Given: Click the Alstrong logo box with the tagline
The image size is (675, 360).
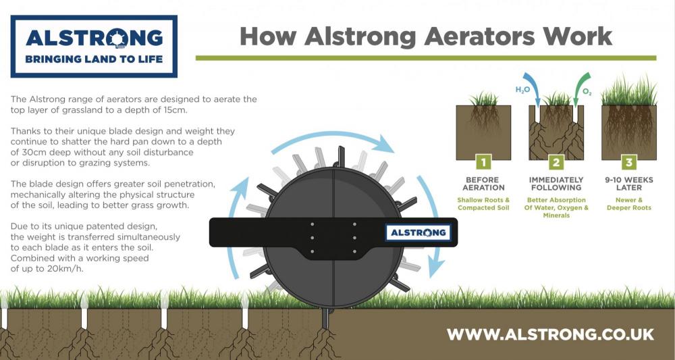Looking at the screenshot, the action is point(94,47).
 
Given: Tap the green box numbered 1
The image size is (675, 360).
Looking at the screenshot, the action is point(483,162).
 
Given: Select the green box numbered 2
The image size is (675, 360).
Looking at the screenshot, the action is point(556,162).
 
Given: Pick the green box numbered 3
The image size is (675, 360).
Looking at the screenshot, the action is point(629,162).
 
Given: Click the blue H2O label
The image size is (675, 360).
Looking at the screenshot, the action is point(522,90).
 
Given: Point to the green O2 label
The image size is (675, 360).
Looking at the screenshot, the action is point(587,92).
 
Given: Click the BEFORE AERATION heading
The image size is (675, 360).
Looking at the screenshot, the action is point(483,184).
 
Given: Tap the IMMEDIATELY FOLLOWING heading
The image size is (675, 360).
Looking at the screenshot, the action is point(556,184).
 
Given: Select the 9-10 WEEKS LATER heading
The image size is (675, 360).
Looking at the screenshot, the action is point(629,184).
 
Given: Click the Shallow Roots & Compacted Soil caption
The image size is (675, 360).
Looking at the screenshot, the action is point(483,204).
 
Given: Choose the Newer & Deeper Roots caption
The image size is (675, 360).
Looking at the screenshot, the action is point(629,204).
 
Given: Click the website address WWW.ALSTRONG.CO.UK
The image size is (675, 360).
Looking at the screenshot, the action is point(550,334).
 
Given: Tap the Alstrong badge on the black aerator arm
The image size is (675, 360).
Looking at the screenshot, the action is point(418,232).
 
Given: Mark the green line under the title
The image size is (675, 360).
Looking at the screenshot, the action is point(426,57).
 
